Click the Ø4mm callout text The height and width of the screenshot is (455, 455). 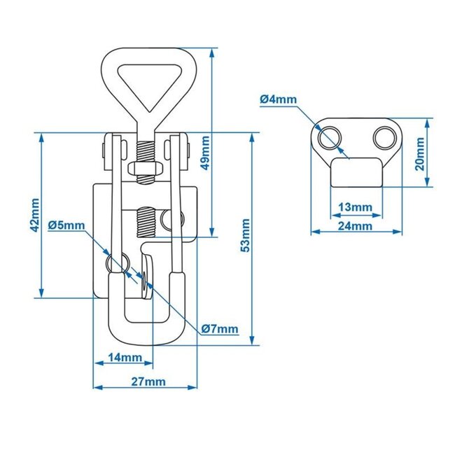click(279, 99)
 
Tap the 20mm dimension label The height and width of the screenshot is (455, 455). click(419, 153)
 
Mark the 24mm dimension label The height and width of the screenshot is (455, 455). click(355, 225)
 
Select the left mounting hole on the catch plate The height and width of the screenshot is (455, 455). click(328, 137)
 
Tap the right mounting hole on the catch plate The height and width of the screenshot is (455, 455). click(384, 138)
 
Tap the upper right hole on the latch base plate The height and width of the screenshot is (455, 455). click(170, 222)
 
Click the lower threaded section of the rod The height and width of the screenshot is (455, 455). click(148, 223)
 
